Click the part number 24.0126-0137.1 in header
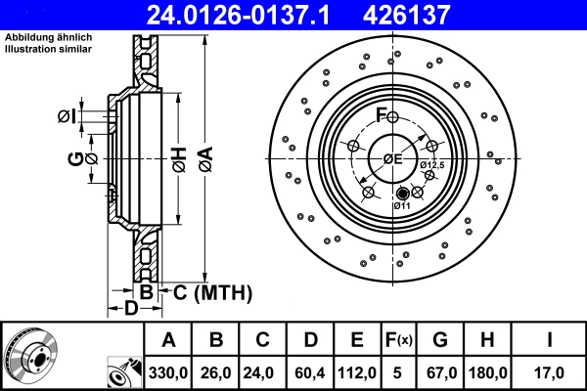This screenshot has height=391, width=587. click(251, 15)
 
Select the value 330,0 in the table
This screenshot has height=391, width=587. click(168, 372)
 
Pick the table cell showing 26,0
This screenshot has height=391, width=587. click(217, 372)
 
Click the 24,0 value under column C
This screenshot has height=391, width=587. click(263, 372)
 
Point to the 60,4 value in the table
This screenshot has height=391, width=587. click(310, 372)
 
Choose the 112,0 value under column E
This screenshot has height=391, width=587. click(357, 372)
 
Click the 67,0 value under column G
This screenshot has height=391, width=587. click(440, 372)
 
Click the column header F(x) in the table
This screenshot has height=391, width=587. click(399, 340)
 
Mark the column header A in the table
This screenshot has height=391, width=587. click(168, 340)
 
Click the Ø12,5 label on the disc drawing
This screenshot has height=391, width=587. click(432, 165)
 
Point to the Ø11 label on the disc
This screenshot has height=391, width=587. click(402, 206)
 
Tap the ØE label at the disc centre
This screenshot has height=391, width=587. click(393, 158)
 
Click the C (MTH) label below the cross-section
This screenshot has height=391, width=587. click(212, 292)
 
